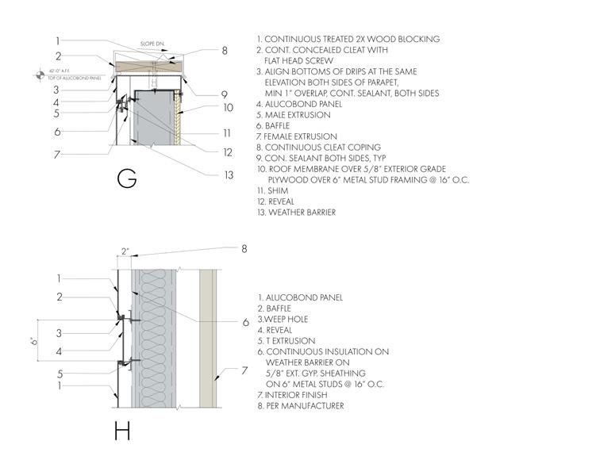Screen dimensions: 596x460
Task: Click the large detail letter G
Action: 126,178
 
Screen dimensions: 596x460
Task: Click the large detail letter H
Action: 121,432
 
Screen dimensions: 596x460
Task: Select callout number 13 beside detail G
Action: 229,174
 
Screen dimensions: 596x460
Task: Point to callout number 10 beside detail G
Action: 228,107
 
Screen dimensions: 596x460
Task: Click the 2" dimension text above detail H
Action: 125,251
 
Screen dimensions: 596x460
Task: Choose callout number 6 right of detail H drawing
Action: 246,322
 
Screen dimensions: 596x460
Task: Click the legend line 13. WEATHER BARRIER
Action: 297,213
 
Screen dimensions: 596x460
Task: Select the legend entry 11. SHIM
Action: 273,190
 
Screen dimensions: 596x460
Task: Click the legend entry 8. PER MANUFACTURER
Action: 306,406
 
